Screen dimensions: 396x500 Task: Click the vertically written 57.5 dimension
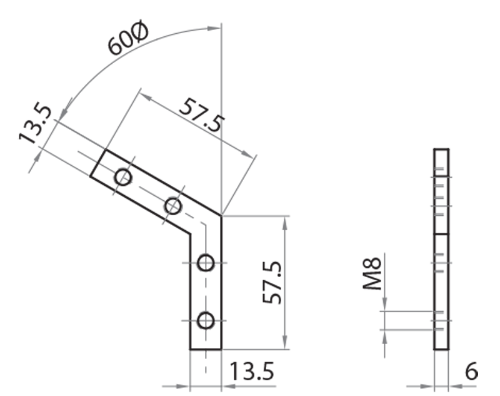point(272,283)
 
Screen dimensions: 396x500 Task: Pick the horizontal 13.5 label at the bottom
point(250,372)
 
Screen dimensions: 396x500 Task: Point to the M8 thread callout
point(372,276)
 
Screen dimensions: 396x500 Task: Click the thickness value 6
point(471,372)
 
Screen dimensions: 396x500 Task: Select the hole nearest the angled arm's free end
point(124,178)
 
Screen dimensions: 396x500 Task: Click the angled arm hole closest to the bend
point(173,206)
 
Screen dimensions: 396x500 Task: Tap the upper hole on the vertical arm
point(206,263)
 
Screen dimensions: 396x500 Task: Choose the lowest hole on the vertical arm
point(205,322)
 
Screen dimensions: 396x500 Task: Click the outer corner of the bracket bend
point(221,216)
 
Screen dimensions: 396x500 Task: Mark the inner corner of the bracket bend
point(191,233)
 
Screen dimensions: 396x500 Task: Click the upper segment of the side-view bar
point(441,191)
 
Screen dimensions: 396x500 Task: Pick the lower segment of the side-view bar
point(441,291)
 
